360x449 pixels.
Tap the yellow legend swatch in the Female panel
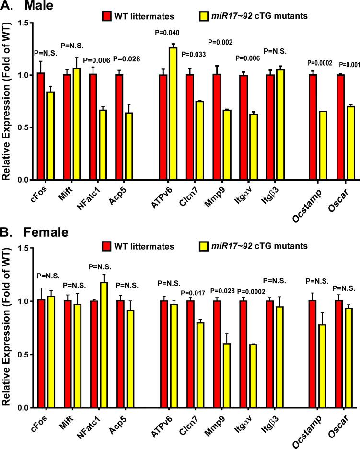point(204,247)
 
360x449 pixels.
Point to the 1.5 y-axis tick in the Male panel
point(22,23)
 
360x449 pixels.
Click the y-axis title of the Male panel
point(7,101)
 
